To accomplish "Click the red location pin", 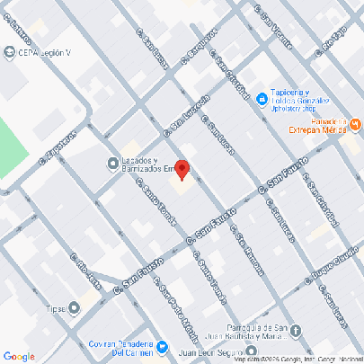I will [182, 169].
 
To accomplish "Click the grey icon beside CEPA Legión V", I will [10, 51].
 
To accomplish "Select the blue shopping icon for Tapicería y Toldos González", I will [261, 97].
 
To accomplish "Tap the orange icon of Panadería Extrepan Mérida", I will [356, 123].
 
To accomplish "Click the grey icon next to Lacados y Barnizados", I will [102, 163].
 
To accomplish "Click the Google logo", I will [19, 356].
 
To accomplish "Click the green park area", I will [11, 148].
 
